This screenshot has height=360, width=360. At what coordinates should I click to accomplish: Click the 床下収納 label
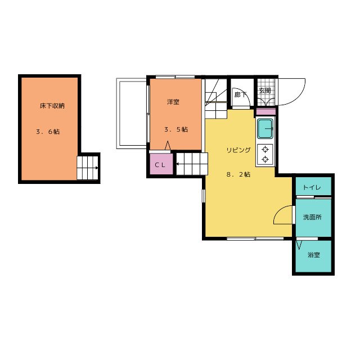coord(52,106)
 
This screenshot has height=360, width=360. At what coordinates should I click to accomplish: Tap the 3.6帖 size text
coord(48,132)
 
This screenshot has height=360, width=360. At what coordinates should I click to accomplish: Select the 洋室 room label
coord(173,102)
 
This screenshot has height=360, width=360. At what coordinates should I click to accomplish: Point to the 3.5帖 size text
coord(176,129)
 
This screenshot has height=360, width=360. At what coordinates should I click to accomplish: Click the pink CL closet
coord(161,164)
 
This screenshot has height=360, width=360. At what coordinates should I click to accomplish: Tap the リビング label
coord(238,150)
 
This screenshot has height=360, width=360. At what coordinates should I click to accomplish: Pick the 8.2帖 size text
coord(238,174)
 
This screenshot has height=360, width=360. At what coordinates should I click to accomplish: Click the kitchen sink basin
coord(265,129)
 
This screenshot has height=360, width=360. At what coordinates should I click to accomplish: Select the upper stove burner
coord(265,150)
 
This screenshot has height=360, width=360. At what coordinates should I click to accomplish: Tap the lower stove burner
coord(265,159)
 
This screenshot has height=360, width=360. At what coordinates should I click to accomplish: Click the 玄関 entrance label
coord(265,91)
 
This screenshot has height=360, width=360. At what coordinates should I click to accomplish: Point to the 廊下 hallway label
coord(240,94)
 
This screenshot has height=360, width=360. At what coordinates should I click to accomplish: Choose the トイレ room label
coord(312,187)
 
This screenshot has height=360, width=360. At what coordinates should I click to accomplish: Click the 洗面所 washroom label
coord(312,217)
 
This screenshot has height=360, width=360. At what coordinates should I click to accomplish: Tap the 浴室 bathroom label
coord(314,255)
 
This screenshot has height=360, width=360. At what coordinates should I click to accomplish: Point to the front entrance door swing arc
coord(299,98)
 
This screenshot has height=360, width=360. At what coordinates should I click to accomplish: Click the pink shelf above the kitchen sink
coord(265,112)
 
